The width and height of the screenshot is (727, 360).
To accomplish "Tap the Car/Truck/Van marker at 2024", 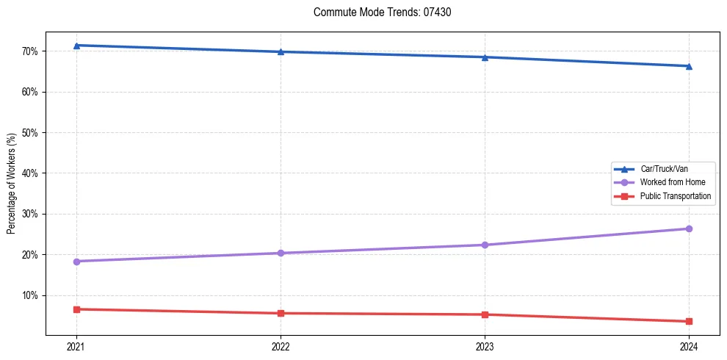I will click(689, 66).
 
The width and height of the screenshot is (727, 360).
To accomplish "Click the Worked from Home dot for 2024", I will click(689, 228).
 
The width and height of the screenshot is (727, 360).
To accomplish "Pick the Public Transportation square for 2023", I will click(485, 314).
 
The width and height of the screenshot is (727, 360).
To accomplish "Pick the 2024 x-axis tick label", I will click(689, 346).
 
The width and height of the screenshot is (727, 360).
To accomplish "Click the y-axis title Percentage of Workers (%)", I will click(11, 184).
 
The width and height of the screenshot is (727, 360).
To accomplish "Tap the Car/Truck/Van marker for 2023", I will click(485, 57).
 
